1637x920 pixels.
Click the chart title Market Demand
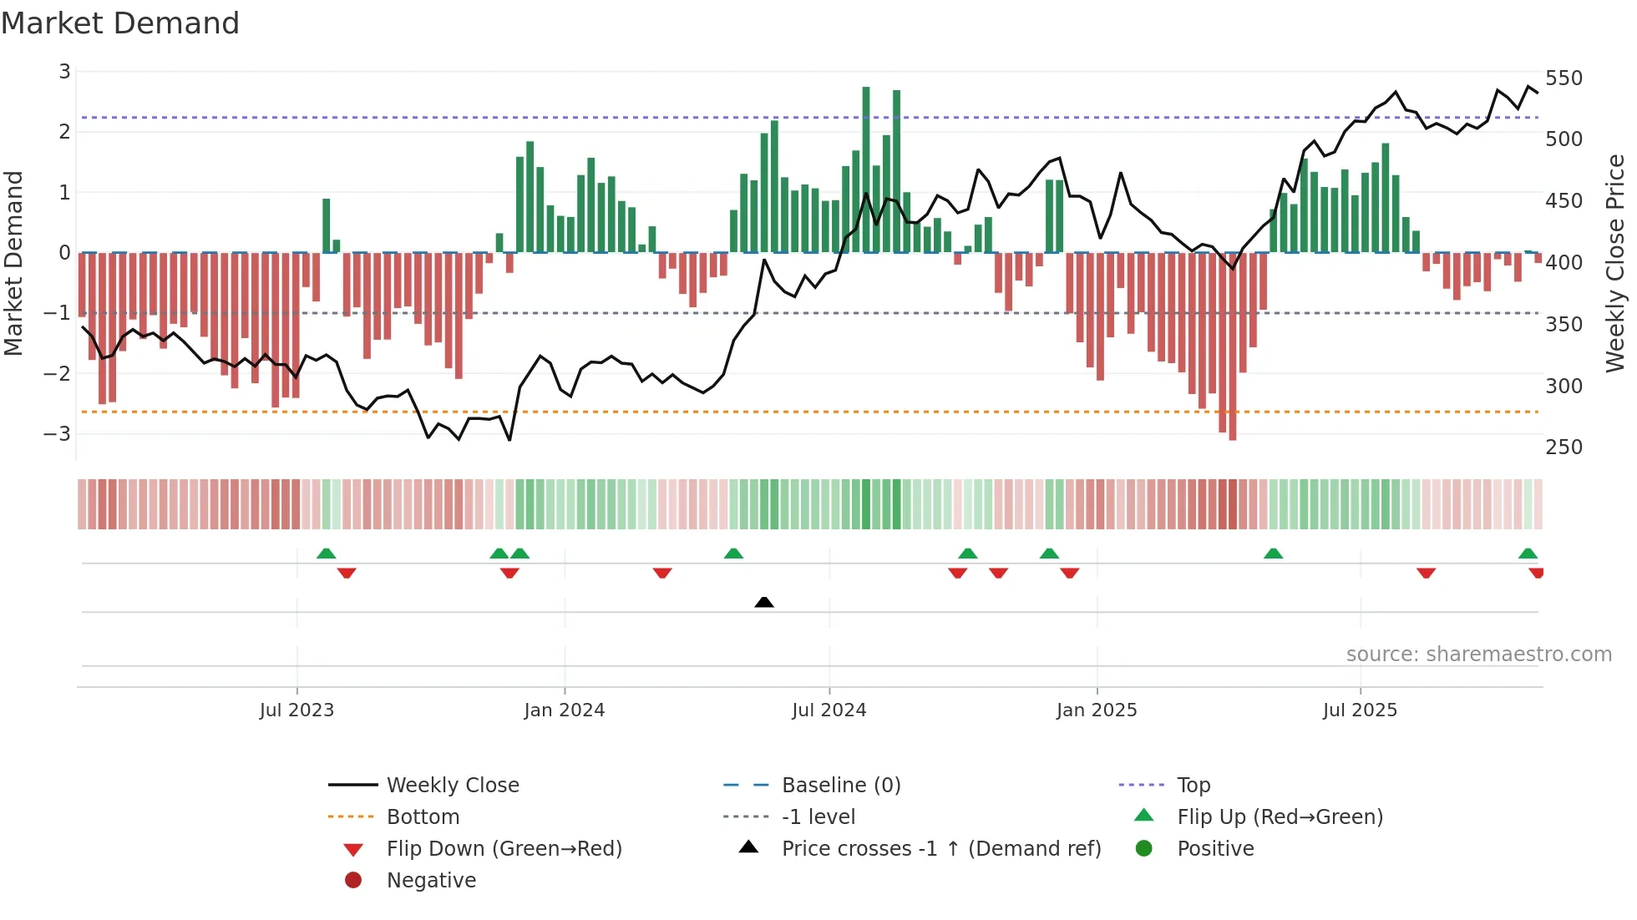120,23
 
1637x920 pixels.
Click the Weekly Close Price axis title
1615,263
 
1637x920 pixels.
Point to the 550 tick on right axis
1564,78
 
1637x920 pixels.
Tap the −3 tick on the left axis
58,434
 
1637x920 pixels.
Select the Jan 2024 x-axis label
564,710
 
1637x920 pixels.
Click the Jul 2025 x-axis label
1360,710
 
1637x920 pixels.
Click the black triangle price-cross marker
763,602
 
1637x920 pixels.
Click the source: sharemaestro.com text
1478,655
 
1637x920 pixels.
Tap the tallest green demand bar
866,167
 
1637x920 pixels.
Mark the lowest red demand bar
1233,346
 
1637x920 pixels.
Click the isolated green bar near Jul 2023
327,225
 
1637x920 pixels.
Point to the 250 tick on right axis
1564,447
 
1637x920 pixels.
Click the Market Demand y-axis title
14,263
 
